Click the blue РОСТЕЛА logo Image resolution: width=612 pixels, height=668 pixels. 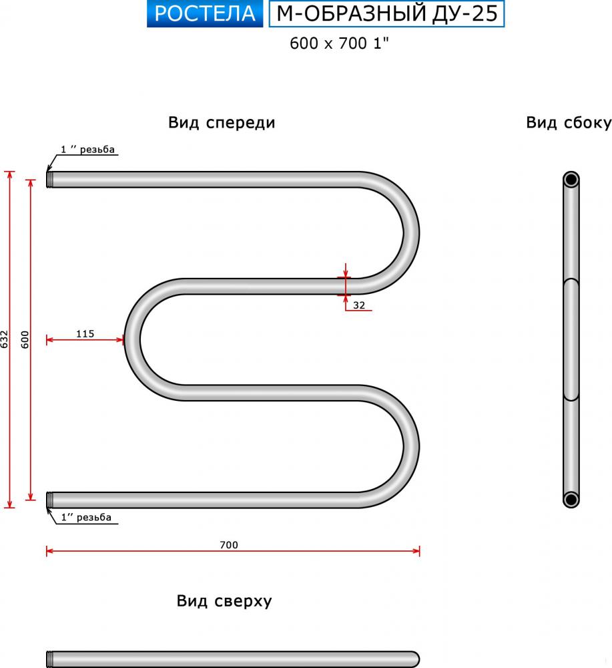205,13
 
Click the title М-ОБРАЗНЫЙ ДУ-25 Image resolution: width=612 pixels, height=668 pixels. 386,13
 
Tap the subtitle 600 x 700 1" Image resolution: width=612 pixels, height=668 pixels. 339,43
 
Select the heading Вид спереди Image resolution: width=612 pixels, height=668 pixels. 222,123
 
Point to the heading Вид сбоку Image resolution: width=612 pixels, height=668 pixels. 569,123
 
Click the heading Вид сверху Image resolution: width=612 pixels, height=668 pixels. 224,601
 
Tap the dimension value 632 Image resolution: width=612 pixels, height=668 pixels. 4,339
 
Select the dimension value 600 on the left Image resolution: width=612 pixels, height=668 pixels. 25,339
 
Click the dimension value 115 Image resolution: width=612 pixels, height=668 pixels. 85,333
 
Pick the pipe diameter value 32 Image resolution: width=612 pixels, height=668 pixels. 359,305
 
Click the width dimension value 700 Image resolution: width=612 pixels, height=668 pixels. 228,544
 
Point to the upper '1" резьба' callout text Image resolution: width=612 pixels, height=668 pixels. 87,150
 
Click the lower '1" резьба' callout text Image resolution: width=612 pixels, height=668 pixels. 86,517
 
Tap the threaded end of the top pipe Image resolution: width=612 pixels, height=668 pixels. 50,179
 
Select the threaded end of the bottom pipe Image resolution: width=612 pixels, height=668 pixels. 50,500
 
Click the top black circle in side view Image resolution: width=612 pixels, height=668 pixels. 571,179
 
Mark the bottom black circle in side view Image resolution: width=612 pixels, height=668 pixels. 571,499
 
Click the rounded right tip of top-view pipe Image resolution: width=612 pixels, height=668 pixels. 415,659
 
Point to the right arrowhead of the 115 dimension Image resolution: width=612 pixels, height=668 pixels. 120,339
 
